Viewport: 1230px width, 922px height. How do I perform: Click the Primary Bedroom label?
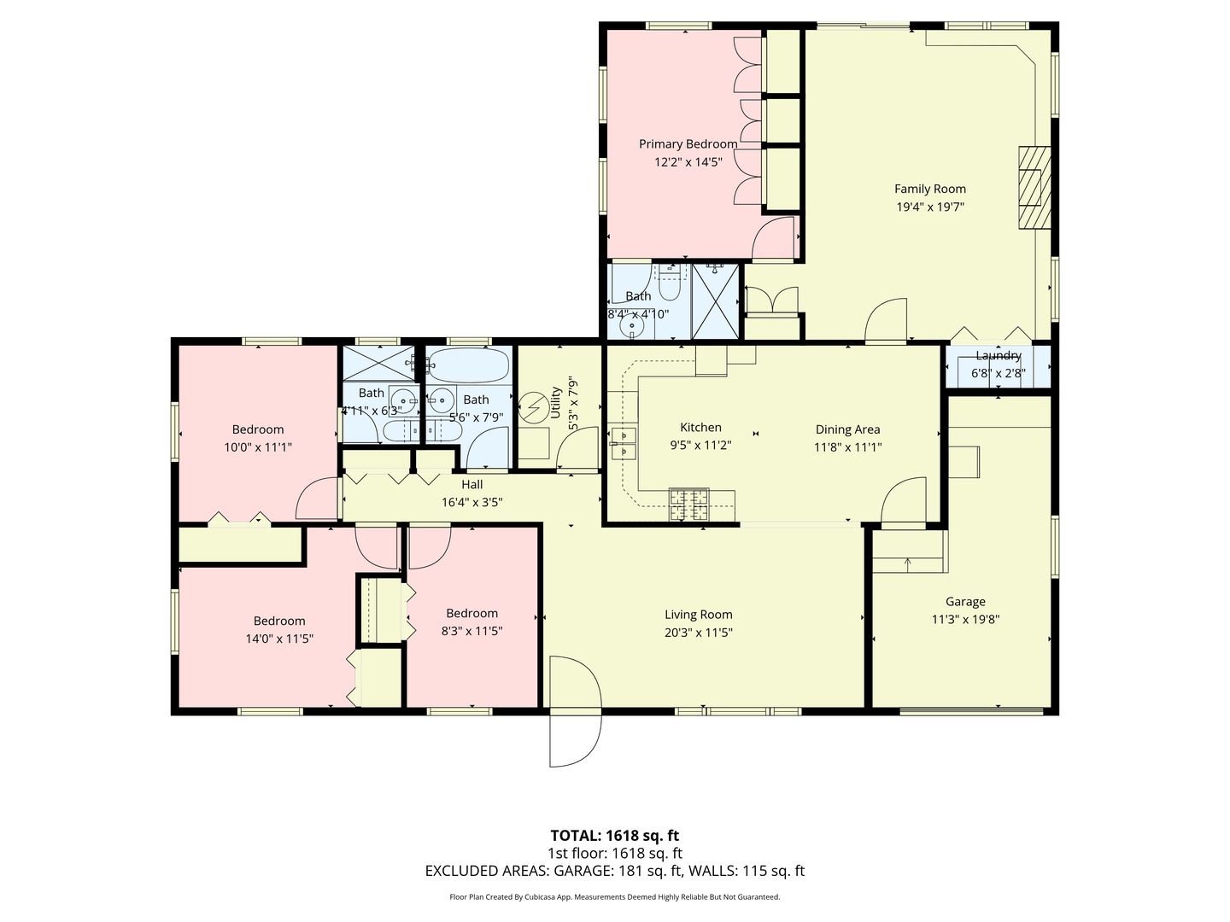click(688, 144)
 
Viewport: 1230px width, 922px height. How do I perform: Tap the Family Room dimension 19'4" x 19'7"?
click(929, 207)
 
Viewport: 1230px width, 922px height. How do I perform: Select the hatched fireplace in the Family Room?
click(1034, 188)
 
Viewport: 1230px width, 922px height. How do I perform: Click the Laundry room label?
click(998, 355)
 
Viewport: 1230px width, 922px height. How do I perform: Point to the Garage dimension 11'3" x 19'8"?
click(965, 619)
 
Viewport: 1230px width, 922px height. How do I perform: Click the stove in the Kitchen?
click(688, 504)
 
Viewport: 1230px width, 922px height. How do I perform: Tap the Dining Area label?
click(847, 429)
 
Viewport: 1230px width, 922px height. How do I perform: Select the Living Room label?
click(698, 614)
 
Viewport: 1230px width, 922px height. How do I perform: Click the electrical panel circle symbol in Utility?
click(533, 406)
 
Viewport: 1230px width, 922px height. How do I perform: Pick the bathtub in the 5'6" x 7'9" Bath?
click(469, 365)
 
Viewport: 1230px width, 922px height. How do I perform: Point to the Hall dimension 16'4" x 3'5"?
click(471, 502)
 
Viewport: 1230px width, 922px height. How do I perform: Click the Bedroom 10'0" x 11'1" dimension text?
click(258, 446)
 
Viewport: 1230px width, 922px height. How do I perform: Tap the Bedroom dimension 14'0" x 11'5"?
click(279, 638)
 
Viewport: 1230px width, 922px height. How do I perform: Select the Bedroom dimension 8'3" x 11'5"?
click(471, 631)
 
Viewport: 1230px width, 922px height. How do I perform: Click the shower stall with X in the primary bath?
click(715, 290)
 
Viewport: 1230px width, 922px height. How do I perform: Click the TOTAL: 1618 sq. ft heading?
click(614, 835)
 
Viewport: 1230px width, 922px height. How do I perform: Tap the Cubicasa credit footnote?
click(614, 897)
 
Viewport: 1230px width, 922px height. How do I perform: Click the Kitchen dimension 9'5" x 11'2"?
click(700, 445)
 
